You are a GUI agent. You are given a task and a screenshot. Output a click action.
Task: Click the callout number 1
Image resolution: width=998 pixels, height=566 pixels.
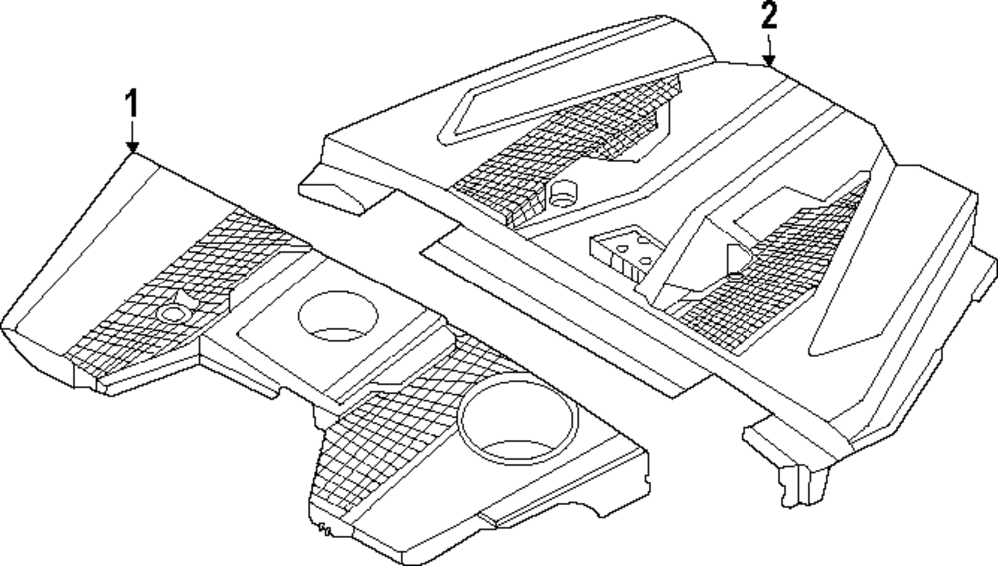(x=132, y=103)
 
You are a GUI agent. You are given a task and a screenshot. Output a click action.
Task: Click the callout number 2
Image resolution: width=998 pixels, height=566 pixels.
(x=768, y=17)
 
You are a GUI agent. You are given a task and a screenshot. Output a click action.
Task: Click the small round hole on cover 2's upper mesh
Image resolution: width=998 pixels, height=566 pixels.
(x=565, y=193)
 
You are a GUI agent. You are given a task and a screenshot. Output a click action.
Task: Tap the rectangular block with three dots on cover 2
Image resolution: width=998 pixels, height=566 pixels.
(x=622, y=251)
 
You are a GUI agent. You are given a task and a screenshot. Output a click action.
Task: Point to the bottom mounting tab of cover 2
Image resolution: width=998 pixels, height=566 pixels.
(x=798, y=474)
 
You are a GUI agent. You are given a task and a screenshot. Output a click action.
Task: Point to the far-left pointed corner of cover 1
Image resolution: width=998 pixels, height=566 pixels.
(x=8, y=327)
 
